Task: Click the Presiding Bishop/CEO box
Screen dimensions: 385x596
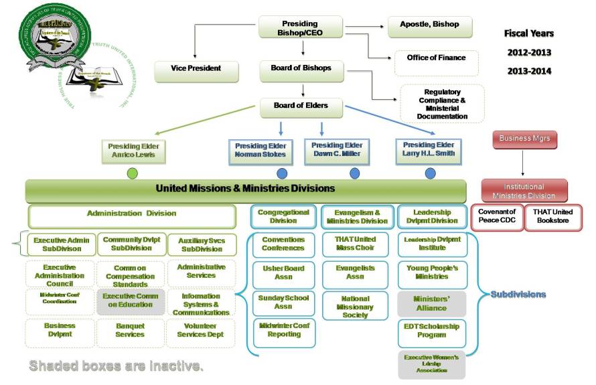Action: coord(300,27)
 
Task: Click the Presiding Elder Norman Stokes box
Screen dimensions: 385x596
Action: coord(260,150)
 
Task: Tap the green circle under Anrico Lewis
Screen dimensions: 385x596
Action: coord(133,173)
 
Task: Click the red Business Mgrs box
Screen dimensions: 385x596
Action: coord(524,140)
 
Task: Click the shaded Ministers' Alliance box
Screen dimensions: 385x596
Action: coord(431,303)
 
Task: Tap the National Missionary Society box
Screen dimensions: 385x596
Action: coord(355,307)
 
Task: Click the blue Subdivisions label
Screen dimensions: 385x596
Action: coord(518,295)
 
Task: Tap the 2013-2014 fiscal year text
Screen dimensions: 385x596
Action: coord(528,71)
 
